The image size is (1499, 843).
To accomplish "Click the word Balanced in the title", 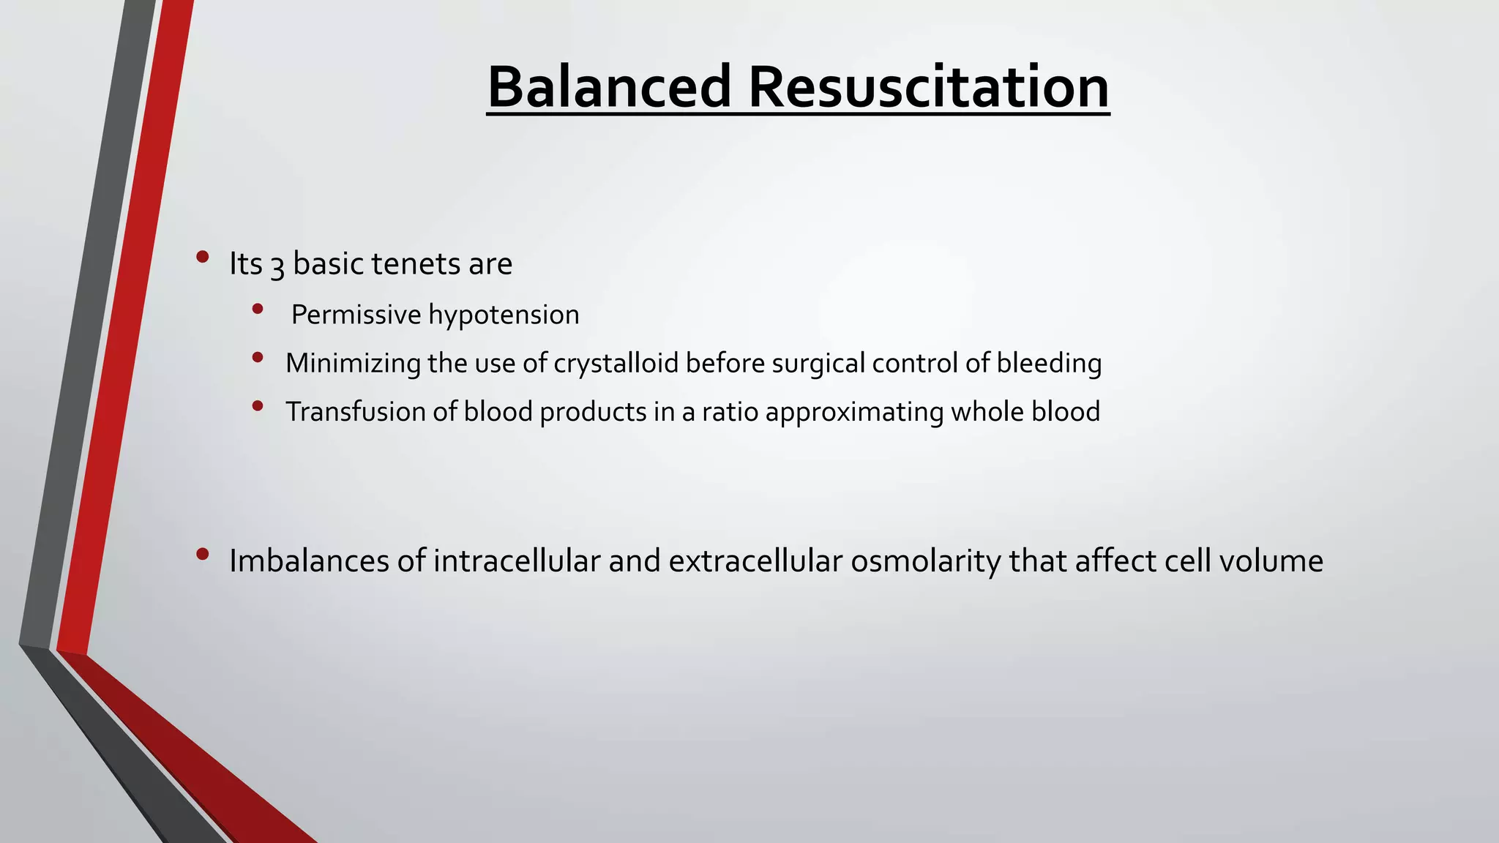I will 609,88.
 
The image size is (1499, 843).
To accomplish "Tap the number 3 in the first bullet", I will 277,265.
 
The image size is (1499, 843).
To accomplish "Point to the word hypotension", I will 504,315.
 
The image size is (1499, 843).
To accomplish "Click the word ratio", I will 730,412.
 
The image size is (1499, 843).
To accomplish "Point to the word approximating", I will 854,413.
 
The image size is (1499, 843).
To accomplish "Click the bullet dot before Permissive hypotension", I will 257,310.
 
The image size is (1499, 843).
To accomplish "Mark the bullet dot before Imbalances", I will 203,555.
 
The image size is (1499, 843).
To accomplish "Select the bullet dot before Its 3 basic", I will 203,257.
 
